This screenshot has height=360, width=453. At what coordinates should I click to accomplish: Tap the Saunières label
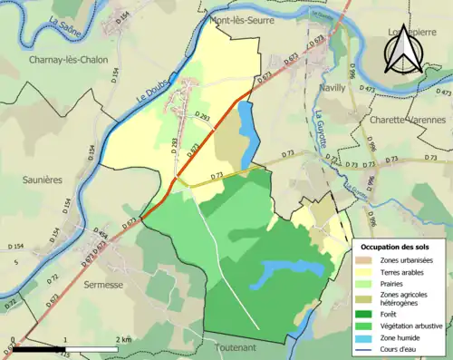point(42,180)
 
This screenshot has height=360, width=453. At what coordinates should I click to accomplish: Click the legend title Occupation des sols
point(397,247)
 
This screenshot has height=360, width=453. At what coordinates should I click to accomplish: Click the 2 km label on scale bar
point(122,339)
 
